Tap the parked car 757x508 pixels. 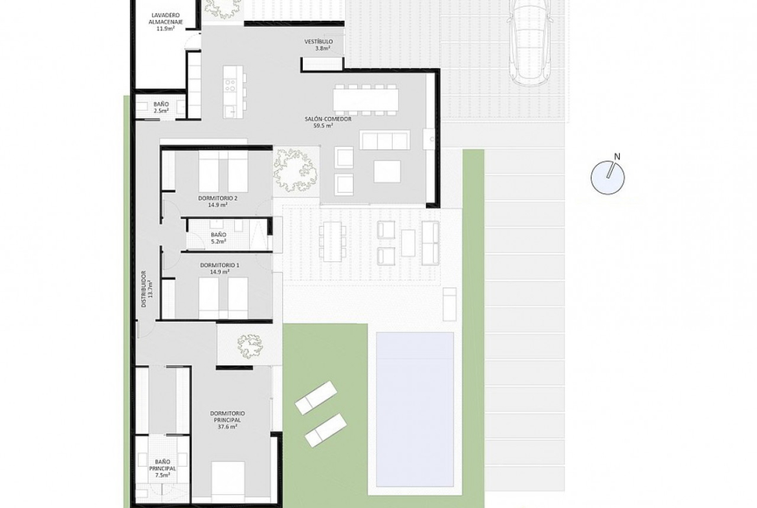click(x=529, y=43)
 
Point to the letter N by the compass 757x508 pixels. click(x=617, y=156)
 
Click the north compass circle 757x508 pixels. click(x=608, y=177)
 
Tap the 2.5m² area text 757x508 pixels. click(x=160, y=111)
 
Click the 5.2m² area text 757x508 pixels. click(x=219, y=241)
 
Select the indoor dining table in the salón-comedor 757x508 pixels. click(x=366, y=100)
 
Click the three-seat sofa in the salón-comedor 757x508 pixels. click(x=385, y=140)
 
